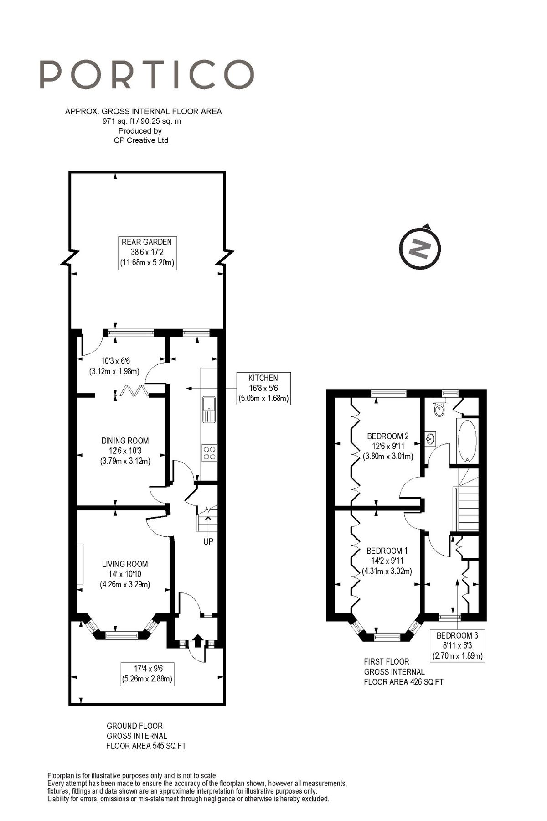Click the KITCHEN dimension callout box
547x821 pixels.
[x=263, y=388]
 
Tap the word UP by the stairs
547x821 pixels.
[x=208, y=541]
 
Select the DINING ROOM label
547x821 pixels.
[x=125, y=441]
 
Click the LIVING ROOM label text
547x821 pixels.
[x=125, y=564]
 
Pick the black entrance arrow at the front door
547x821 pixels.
[x=197, y=640]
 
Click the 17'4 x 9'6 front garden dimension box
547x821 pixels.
[x=147, y=674]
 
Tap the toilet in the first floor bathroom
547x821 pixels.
[x=439, y=408]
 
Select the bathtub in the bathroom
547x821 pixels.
[x=467, y=441]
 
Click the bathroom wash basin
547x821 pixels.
[x=429, y=439]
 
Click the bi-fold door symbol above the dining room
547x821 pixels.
[x=134, y=390]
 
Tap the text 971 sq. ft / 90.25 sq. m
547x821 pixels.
[x=142, y=121]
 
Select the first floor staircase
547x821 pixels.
[x=467, y=506]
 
